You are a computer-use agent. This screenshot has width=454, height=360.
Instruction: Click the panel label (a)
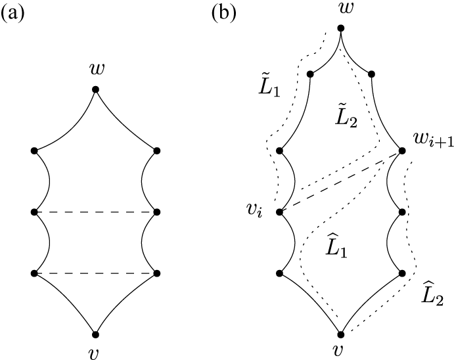coord(14,14)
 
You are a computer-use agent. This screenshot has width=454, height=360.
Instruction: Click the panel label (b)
coord(225,14)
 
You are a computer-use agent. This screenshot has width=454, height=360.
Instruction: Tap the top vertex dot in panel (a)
coord(95,89)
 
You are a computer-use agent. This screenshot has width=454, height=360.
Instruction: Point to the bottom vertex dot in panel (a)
coord(95,334)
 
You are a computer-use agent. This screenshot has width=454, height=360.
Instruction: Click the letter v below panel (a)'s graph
coord(95,353)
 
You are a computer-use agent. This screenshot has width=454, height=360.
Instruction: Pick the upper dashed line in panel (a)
coord(95,212)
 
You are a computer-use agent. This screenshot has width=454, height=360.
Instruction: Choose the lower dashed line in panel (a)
coord(95,273)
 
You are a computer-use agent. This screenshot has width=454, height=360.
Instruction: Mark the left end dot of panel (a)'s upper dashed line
coord(34,212)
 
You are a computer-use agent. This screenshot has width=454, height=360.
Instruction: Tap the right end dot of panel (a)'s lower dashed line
coord(156,273)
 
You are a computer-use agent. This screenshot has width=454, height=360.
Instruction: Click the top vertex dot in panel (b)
coord(340,28)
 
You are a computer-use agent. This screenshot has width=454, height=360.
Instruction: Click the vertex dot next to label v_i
coord(280,212)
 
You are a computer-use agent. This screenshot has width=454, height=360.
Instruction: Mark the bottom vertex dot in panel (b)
coord(340,334)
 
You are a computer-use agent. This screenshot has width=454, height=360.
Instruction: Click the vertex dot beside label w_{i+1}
coord(401,151)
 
